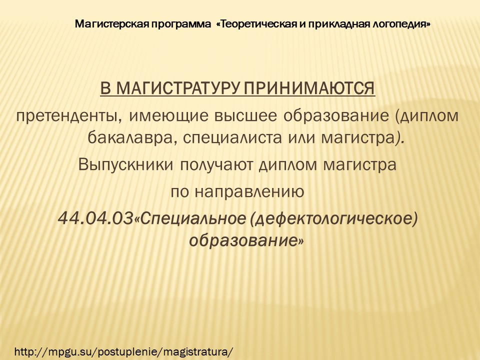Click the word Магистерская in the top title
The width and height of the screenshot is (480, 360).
(112, 24)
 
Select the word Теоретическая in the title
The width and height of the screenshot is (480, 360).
(258, 24)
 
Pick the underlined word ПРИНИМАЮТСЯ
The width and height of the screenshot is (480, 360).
(309, 88)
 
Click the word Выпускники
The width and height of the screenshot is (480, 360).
(126, 164)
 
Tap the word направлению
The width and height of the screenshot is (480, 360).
(249, 192)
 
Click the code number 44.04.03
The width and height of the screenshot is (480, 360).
(95, 218)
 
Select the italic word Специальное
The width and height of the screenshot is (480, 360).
(193, 219)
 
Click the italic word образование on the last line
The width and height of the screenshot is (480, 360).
(243, 241)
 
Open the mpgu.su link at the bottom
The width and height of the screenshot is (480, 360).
(123, 351)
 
